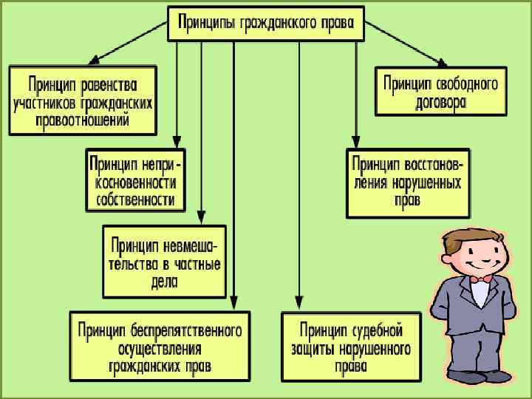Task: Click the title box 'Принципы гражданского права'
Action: (x=266, y=24)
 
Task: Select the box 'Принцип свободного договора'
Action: (x=441, y=92)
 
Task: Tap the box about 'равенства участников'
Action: (x=83, y=100)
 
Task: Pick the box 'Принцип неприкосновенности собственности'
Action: (x=134, y=180)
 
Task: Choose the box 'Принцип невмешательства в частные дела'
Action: (x=164, y=262)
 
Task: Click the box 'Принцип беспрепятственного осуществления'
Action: (x=160, y=347)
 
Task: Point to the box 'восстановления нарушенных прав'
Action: (x=407, y=183)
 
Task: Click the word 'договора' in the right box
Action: (x=440, y=103)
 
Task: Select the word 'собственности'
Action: (x=135, y=199)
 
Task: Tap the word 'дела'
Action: (x=163, y=282)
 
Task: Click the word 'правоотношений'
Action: (x=82, y=120)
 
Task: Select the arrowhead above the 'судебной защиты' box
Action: (x=299, y=304)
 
